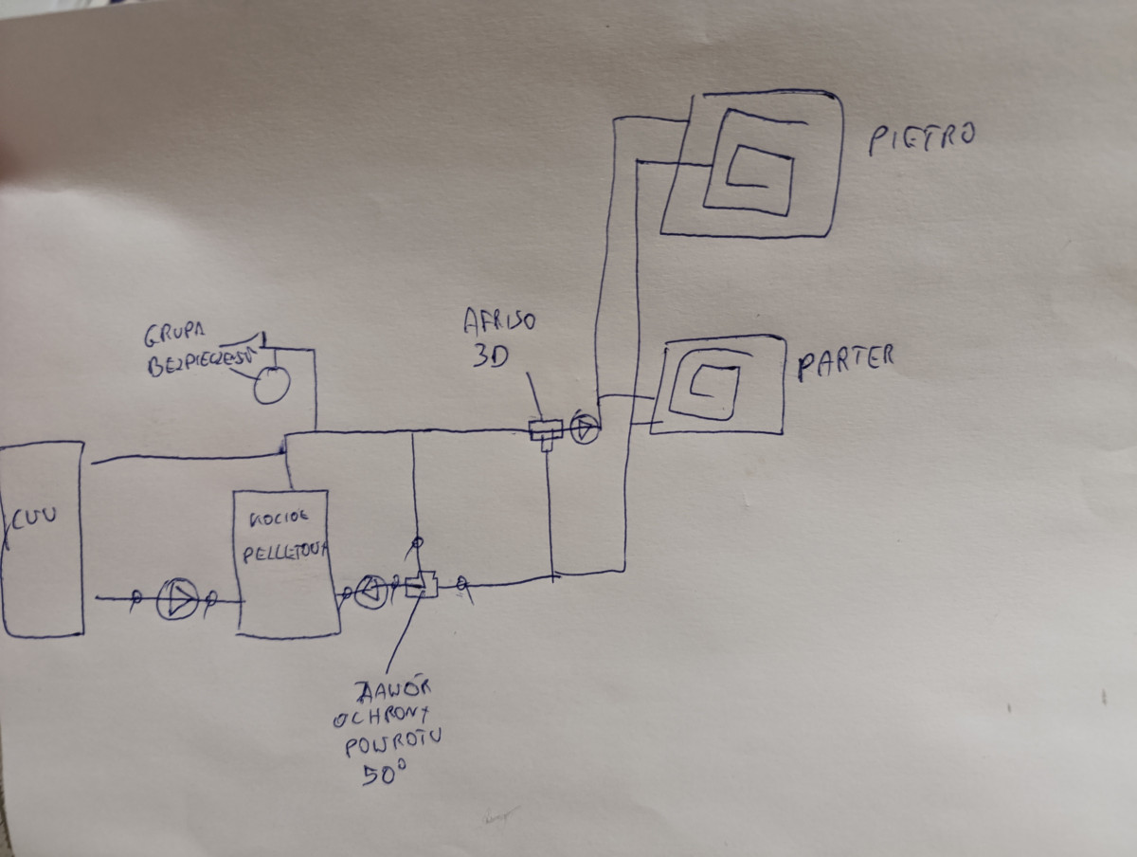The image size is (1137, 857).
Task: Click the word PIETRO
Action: tap(920, 138)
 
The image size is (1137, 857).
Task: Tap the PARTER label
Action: tap(845, 362)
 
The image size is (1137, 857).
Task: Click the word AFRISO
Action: tap(499, 320)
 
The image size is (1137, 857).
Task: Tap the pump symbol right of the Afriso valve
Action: tap(586, 430)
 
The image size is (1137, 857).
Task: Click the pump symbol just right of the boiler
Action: tap(370, 592)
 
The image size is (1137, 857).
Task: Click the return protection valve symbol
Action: tap(421, 586)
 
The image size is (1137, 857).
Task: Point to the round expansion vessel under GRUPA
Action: tap(271, 384)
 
